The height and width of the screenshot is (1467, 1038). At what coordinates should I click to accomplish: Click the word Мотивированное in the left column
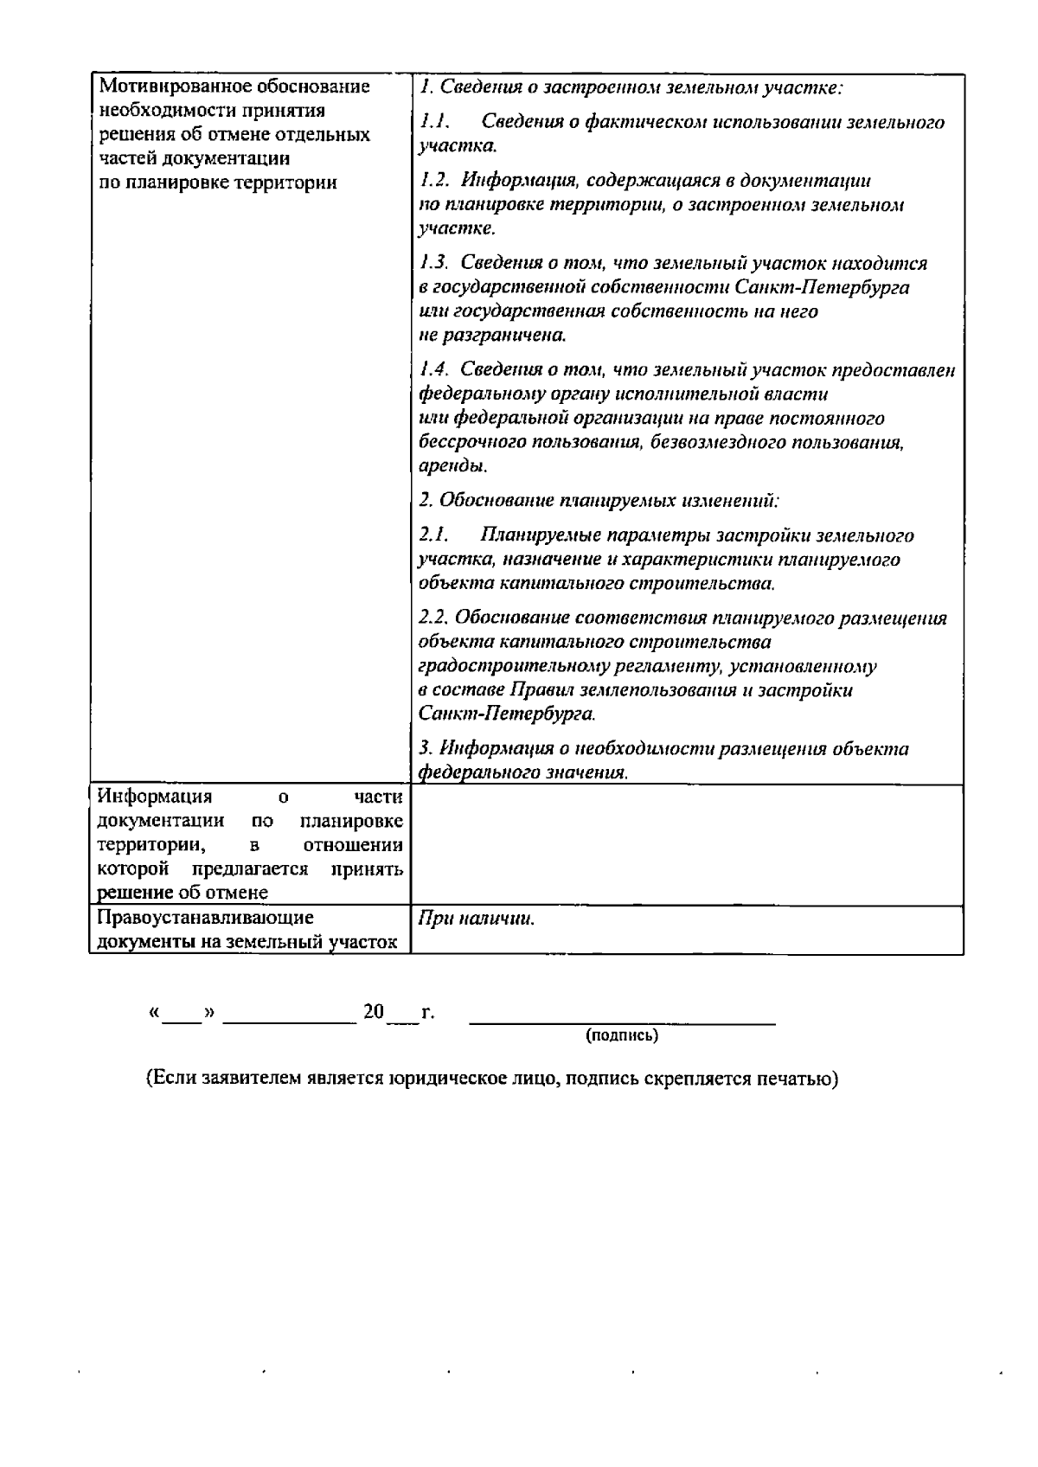163,86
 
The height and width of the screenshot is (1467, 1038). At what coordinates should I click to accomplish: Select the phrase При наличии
476,919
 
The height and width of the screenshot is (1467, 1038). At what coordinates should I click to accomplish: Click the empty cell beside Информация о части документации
687,844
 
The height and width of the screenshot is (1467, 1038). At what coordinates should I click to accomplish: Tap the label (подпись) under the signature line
622,1035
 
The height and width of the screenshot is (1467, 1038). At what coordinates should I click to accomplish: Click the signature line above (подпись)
622,1022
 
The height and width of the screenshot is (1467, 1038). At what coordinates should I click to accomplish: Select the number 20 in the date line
374,1011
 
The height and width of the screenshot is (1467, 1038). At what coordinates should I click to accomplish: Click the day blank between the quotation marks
182,1014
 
